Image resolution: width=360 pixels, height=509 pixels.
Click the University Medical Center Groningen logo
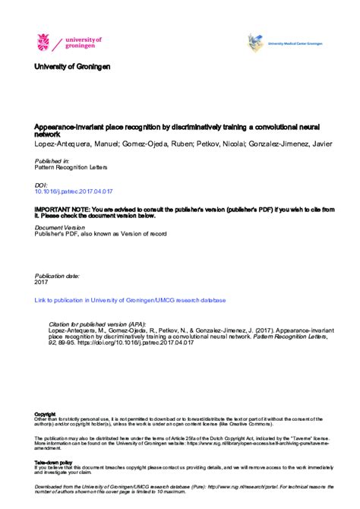[256, 43]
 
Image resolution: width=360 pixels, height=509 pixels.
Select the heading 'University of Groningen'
[72, 67]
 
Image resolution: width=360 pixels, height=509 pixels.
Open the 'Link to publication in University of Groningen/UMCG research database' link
[119, 300]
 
